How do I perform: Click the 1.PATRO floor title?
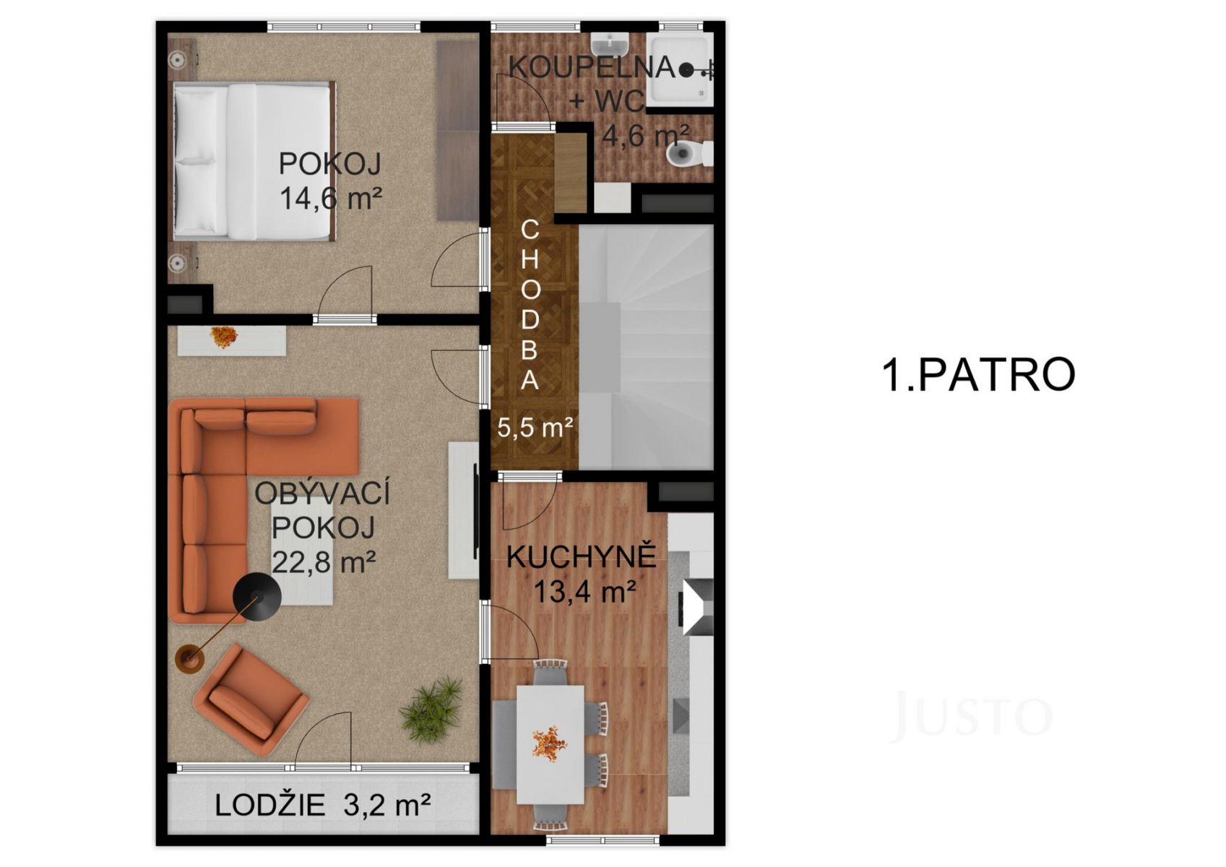click(x=979, y=375)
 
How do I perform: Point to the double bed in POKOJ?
click(x=254, y=161)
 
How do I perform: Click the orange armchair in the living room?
click(x=251, y=699)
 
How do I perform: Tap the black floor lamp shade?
click(x=257, y=598)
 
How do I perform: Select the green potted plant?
click(x=431, y=710)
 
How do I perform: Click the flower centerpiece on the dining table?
click(x=551, y=743)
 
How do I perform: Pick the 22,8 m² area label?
click(x=324, y=561)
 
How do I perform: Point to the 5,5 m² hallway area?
click(x=535, y=427)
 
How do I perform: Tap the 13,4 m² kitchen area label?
click(x=584, y=591)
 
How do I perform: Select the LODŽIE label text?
click(x=269, y=805)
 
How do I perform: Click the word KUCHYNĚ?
click(x=582, y=557)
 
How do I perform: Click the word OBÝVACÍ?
click(x=322, y=493)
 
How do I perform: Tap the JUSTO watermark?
click(x=972, y=715)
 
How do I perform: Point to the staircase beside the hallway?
click(x=646, y=347)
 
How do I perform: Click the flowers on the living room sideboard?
click(x=223, y=337)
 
